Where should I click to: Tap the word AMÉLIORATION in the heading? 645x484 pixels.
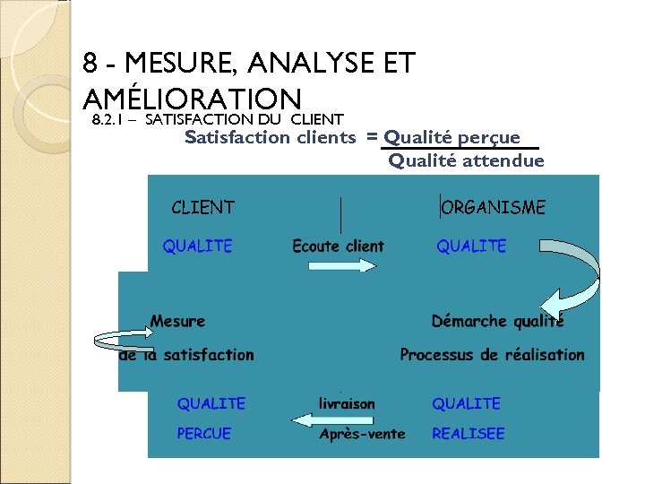click(x=191, y=99)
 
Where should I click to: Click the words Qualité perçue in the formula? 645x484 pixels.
click(x=452, y=137)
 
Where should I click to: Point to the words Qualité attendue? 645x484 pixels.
click(x=466, y=160)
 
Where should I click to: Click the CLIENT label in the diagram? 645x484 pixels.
click(x=202, y=208)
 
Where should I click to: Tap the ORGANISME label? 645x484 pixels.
click(x=494, y=208)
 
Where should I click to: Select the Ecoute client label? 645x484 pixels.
click(x=338, y=246)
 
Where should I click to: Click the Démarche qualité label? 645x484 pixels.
click(x=497, y=321)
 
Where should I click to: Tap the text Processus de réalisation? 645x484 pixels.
click(x=492, y=355)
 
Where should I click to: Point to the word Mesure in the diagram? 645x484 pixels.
click(x=177, y=321)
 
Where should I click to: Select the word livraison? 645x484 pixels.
click(x=347, y=404)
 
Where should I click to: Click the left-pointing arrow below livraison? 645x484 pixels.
click(x=322, y=419)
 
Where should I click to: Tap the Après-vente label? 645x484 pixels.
click(x=362, y=434)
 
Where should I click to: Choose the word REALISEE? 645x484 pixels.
click(x=468, y=434)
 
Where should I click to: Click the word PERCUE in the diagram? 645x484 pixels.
click(x=203, y=434)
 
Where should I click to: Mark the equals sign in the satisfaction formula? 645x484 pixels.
click(x=371, y=137)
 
